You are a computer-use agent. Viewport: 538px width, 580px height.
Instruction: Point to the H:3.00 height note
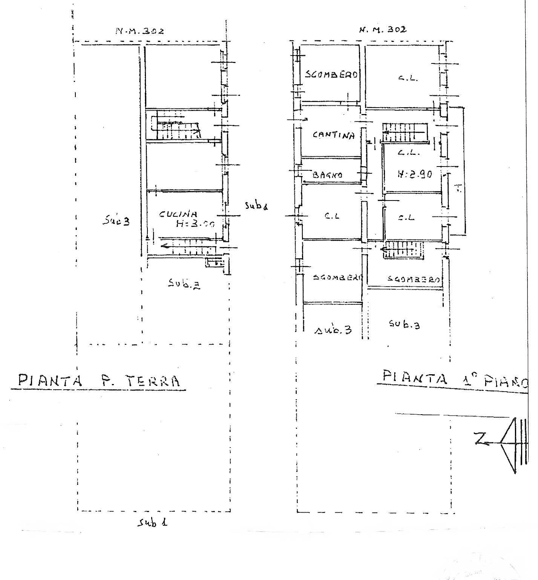[x=195, y=224]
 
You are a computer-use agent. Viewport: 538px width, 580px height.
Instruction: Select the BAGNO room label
[x=328, y=175]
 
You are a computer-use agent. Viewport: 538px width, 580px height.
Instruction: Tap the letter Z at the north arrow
[x=481, y=440]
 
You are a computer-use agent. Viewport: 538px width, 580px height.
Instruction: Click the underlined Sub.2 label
[x=184, y=284]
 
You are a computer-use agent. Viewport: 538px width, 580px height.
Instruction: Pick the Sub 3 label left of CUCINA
[x=116, y=221]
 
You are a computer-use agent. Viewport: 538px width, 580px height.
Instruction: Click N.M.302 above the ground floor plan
[x=139, y=31]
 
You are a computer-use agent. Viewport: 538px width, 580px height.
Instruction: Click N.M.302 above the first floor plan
[x=383, y=29]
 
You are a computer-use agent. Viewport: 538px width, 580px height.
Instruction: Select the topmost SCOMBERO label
[x=331, y=75]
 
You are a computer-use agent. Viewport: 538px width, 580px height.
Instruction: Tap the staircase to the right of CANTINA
[x=405, y=133]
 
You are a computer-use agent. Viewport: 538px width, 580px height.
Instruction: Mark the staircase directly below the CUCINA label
[x=187, y=247]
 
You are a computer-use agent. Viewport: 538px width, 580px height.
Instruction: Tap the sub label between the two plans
[x=256, y=206]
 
